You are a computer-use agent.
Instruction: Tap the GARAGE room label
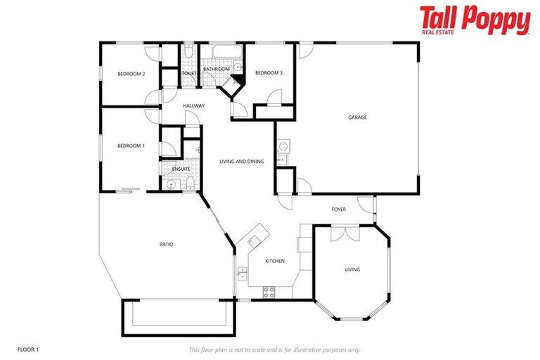(x=357, y=117)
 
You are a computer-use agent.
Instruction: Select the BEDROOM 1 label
(x=131, y=146)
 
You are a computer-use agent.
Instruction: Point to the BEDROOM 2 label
(x=131, y=74)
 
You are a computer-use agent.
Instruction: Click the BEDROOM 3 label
(x=269, y=73)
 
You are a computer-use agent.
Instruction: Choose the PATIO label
(x=166, y=245)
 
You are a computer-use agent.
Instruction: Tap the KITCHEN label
(x=275, y=261)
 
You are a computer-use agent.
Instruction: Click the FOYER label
(x=339, y=210)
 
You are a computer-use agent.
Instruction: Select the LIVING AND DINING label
(x=241, y=162)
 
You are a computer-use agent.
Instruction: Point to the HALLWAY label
(x=193, y=106)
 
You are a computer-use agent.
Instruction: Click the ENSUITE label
(x=181, y=169)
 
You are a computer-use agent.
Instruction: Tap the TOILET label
(x=188, y=73)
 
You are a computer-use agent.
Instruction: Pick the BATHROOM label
(x=216, y=69)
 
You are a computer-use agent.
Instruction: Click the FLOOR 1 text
(x=27, y=349)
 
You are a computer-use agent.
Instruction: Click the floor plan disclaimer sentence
(x=274, y=349)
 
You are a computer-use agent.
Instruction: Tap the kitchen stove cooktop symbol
(x=268, y=292)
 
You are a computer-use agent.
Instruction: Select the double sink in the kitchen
(x=243, y=274)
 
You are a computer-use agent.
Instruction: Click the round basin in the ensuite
(x=171, y=184)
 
